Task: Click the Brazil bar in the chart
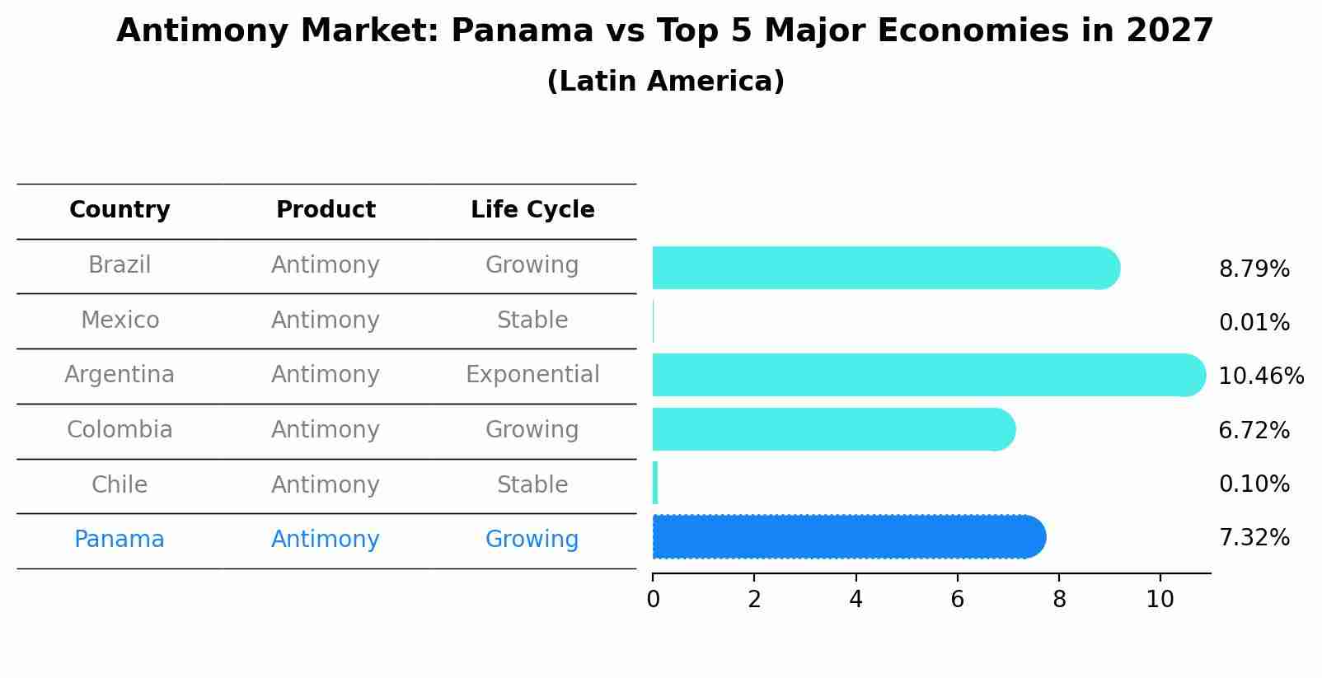(x=886, y=268)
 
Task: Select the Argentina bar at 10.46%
(x=929, y=375)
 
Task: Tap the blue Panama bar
(x=849, y=537)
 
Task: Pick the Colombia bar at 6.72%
(x=833, y=429)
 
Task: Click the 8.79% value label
(x=1254, y=269)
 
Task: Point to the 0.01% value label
(x=1254, y=323)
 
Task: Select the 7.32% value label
(x=1254, y=538)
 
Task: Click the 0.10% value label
(x=1254, y=484)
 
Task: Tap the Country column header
(x=120, y=210)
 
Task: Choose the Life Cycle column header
(x=532, y=210)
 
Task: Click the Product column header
(x=326, y=210)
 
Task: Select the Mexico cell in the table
(x=120, y=320)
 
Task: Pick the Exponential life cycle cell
(x=532, y=375)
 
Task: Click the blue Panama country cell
(x=120, y=540)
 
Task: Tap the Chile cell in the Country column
(x=120, y=484)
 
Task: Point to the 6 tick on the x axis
(x=957, y=600)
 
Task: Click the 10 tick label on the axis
(x=1160, y=600)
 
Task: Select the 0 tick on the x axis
(x=653, y=600)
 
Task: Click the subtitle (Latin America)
(x=665, y=82)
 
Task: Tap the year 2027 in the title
(x=1170, y=31)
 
